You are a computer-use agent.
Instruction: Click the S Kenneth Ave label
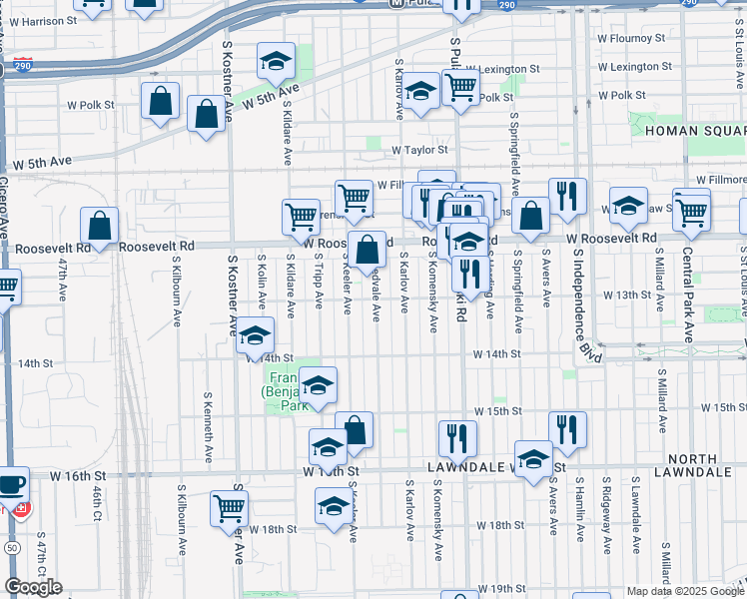point(209,441)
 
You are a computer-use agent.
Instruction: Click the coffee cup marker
point(11,485)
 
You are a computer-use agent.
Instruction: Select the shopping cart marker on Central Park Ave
point(691,209)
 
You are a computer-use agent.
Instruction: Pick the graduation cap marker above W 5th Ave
point(275,61)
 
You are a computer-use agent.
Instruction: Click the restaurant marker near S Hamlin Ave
point(567,428)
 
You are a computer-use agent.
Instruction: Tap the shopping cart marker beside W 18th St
point(230,508)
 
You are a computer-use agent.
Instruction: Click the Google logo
point(33,587)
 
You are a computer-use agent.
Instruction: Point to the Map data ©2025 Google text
point(684,591)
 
